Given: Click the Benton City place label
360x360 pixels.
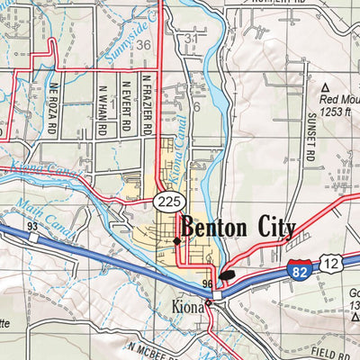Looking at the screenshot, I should click(238, 228).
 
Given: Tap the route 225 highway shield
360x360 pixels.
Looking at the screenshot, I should click(163, 198).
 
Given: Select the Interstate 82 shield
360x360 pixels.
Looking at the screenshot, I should click(302, 267).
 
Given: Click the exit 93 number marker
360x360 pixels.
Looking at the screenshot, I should click(31, 225).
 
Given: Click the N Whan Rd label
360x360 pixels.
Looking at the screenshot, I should click(104, 106).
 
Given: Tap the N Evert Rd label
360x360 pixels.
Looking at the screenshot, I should click(127, 107).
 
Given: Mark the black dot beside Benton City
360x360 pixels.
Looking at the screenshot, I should click(176, 240).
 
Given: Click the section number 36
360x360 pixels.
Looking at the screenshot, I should click(144, 45).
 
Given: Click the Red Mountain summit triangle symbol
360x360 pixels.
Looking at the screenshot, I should click(325, 85).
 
